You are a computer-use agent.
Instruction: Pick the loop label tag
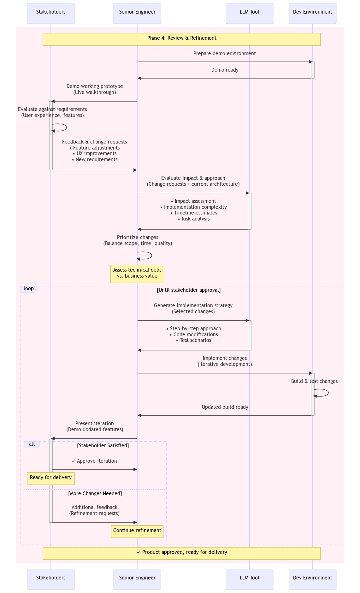pos(29,289)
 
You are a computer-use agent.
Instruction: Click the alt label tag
pos(32,444)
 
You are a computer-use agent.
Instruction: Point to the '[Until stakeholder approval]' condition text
pos(189,290)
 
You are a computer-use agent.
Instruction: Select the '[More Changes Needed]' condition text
pos(95,494)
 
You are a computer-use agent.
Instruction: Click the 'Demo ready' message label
pos(225,70)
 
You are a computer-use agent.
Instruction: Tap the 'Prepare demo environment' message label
pos(225,54)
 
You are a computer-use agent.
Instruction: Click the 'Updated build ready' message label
pos(225,407)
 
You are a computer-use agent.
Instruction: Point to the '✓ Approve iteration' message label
pos(94,461)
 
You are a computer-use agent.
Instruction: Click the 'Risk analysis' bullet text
pos(195,219)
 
